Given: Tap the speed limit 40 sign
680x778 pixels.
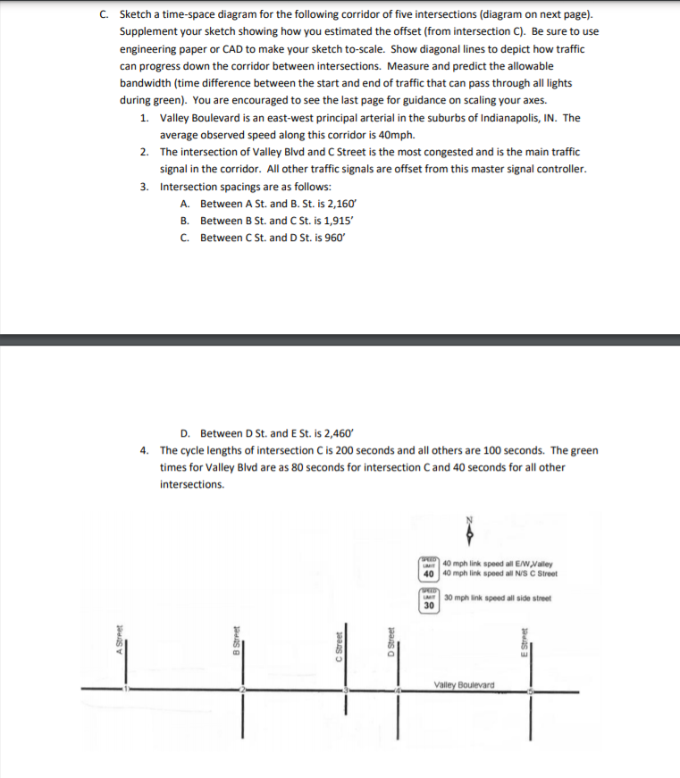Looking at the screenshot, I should click(429, 568).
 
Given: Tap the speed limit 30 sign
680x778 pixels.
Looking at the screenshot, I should click(429, 601).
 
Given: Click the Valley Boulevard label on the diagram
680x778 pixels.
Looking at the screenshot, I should click(463, 685).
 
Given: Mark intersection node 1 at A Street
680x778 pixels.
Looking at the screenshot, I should click(126, 690).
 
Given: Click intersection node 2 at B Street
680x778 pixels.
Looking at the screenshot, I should click(242, 690).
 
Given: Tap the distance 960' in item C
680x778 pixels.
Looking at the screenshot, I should click(331, 238).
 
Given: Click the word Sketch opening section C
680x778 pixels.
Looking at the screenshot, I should click(135, 15).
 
